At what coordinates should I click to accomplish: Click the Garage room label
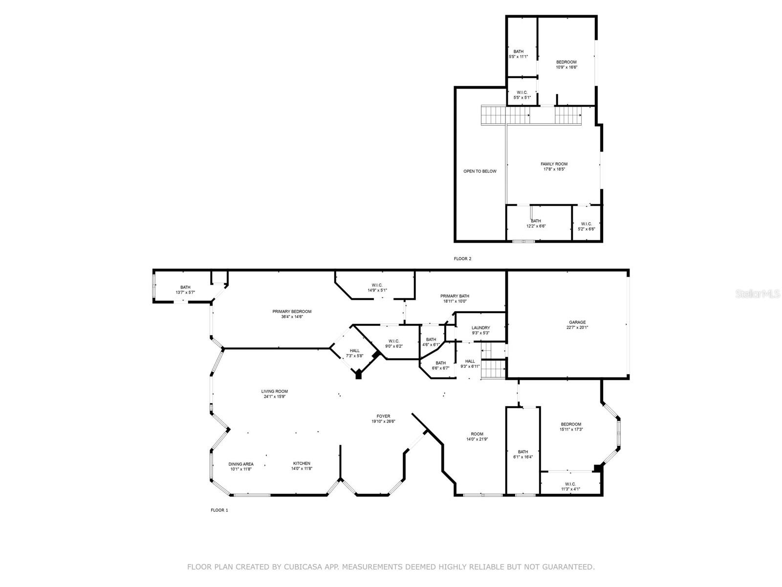click(x=577, y=322)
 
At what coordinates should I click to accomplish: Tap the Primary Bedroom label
click(x=292, y=312)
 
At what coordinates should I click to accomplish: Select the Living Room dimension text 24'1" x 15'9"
click(x=274, y=397)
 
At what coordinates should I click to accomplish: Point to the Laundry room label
click(x=480, y=328)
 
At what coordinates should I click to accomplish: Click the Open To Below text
click(x=479, y=171)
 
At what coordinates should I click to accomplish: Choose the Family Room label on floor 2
click(x=554, y=164)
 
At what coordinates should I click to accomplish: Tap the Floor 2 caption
click(x=462, y=259)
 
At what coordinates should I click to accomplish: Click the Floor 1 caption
click(x=219, y=510)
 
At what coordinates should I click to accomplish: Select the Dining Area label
click(x=241, y=464)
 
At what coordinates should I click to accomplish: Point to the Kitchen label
click(x=302, y=463)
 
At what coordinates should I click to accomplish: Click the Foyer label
click(x=383, y=416)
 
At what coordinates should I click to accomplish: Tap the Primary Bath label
click(x=455, y=296)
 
